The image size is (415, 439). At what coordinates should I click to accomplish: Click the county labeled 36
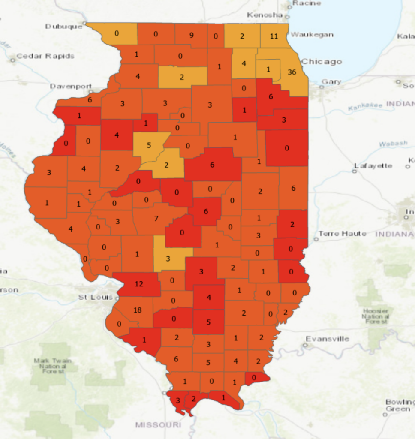tap(292, 72)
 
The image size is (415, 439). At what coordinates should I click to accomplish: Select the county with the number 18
tap(137, 310)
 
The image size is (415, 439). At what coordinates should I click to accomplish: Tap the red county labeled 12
tap(138, 283)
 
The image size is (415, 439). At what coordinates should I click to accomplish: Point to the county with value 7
tap(156, 219)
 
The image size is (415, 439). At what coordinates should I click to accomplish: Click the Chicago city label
tap(322, 62)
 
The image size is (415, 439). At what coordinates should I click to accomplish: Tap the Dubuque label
tap(63, 27)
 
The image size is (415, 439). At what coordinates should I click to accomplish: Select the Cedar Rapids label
tap(45, 56)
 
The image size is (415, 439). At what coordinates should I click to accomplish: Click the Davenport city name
tap(71, 86)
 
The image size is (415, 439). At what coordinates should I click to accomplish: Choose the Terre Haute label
tap(342, 234)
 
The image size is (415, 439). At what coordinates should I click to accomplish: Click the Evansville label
tap(327, 339)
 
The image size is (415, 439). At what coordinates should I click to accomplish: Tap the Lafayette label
tap(373, 166)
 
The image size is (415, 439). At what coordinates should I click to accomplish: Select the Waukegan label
tap(312, 35)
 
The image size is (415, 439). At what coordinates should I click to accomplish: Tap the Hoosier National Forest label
tap(376, 316)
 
